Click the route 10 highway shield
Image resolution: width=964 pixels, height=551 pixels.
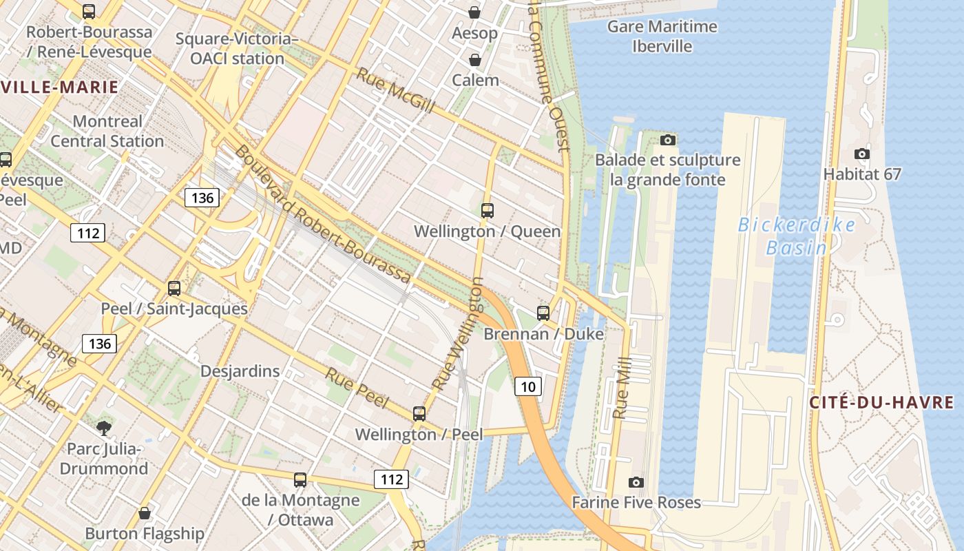(x=528, y=386)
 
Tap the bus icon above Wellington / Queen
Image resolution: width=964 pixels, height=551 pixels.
(x=488, y=211)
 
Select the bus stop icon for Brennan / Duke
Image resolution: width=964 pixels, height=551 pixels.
(x=543, y=313)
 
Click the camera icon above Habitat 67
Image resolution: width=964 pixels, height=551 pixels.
(x=861, y=154)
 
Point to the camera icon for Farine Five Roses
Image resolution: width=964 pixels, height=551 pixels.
(x=636, y=482)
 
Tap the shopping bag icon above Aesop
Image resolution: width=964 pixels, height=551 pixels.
(x=474, y=12)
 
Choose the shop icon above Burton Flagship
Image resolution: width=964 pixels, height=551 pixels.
(x=145, y=513)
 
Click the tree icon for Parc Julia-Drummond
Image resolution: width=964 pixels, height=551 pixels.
(x=103, y=428)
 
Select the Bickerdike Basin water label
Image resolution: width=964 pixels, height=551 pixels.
(x=797, y=236)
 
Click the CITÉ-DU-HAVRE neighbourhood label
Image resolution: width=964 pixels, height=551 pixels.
(x=881, y=402)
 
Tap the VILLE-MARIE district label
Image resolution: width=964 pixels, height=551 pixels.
(x=59, y=87)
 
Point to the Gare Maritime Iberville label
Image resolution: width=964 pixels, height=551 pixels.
(x=662, y=37)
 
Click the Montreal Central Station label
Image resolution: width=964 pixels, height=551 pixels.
(x=107, y=131)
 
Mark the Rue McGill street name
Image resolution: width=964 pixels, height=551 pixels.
(x=395, y=90)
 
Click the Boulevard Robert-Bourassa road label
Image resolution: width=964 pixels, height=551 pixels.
(x=322, y=214)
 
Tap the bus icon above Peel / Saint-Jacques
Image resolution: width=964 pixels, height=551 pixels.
(x=174, y=288)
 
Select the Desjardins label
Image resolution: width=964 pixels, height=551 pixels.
(x=240, y=371)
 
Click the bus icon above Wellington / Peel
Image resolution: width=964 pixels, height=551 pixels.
(x=419, y=414)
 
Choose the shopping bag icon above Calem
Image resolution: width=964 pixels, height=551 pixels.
(x=474, y=60)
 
